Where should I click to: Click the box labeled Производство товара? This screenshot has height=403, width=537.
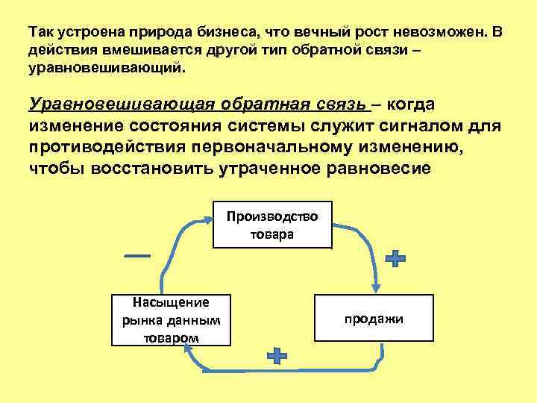tap(272, 225)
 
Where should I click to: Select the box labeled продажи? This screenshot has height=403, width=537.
tap(374, 319)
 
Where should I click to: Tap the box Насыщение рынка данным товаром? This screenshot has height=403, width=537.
tap(171, 319)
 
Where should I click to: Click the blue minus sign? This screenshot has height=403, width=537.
tap(137, 256)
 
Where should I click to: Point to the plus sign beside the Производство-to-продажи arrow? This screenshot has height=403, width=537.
tap(395, 259)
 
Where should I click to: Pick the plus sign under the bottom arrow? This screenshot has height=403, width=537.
tap(277, 355)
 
